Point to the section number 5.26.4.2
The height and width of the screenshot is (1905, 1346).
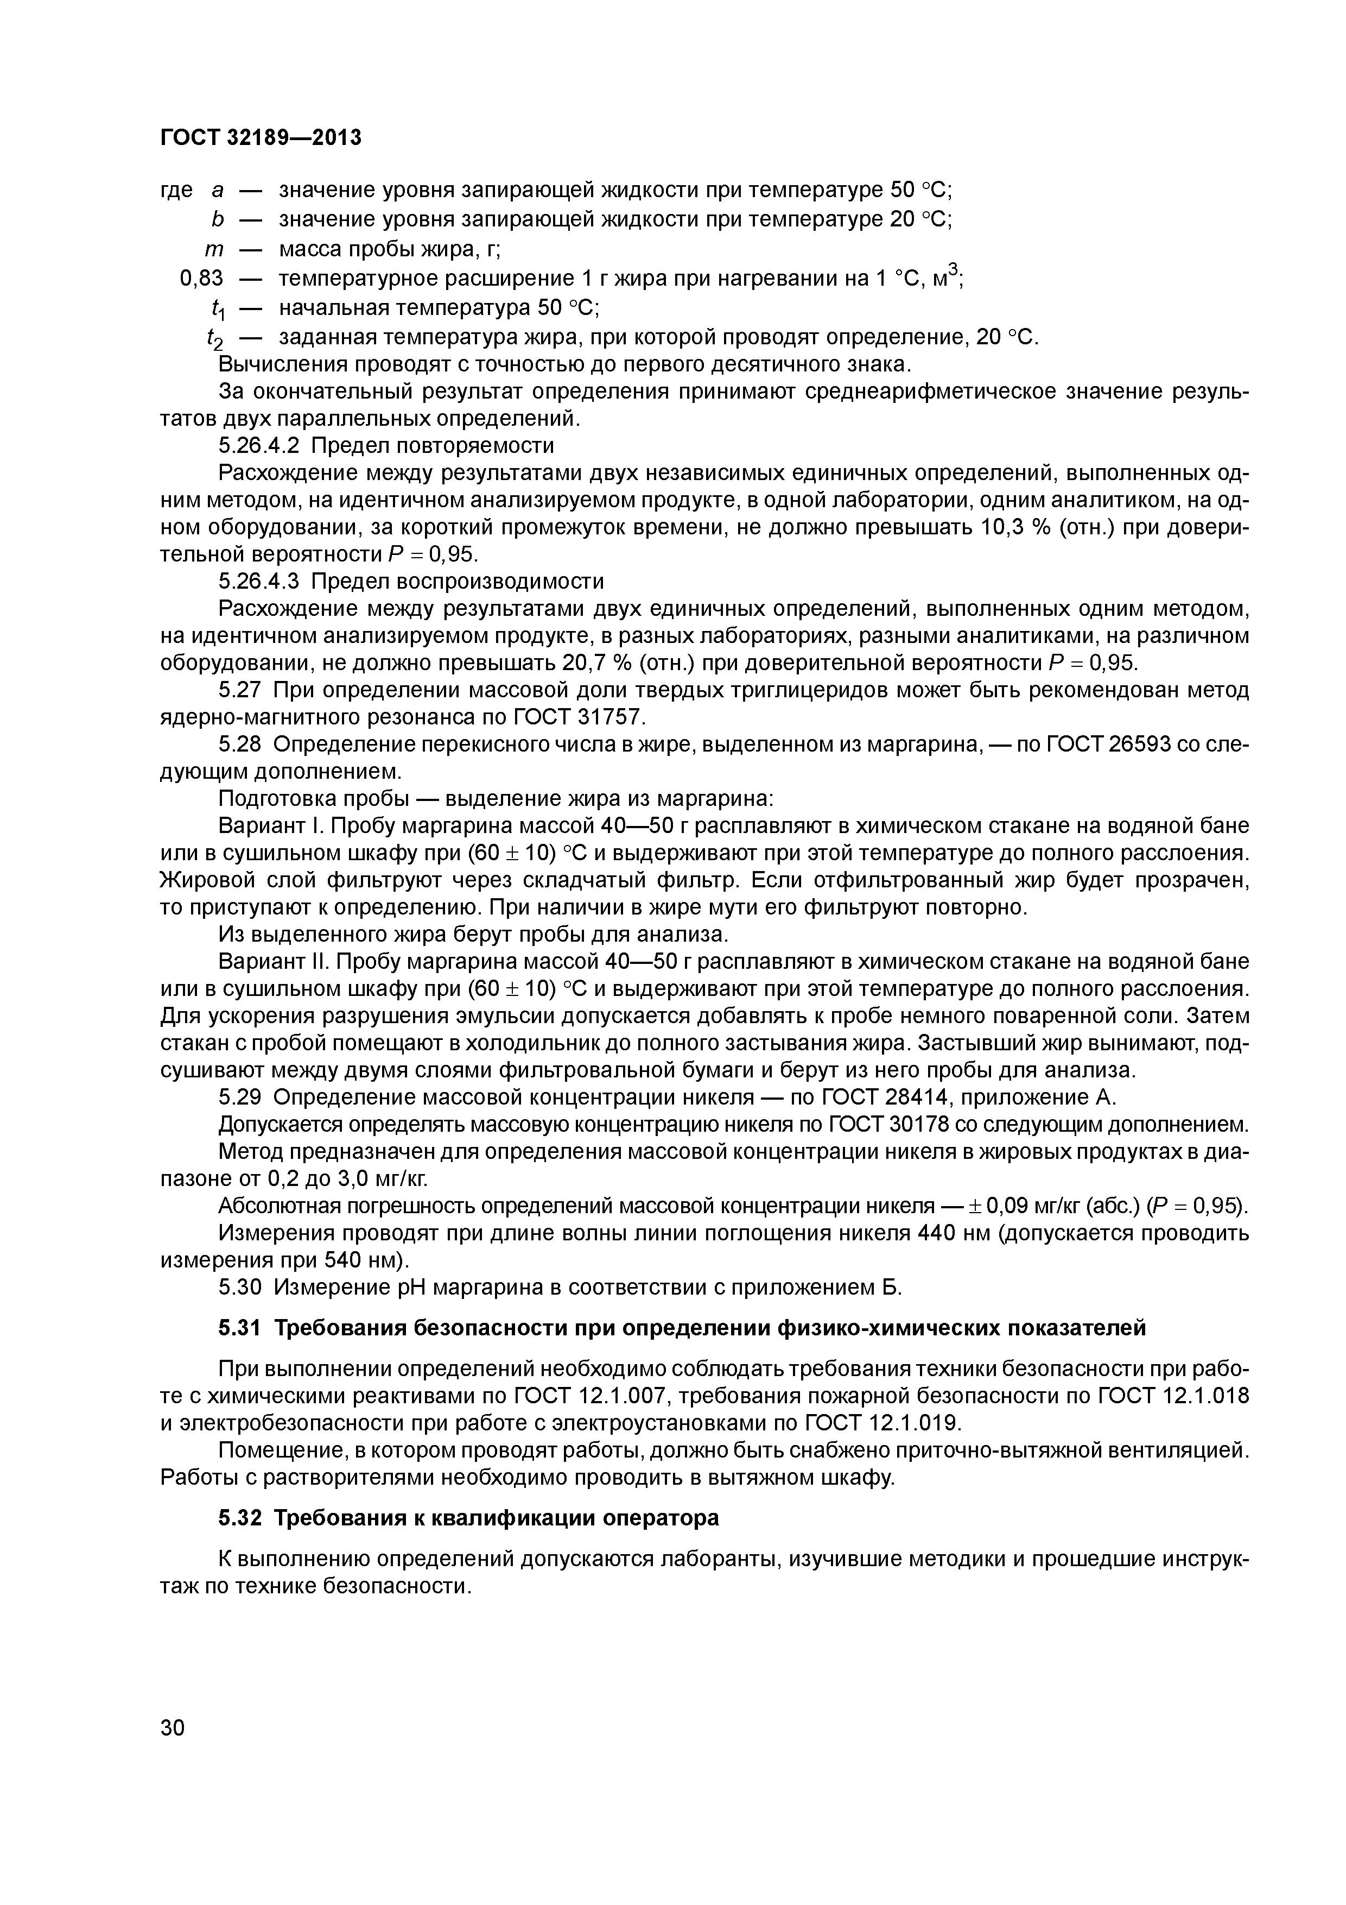pyautogui.click(x=261, y=445)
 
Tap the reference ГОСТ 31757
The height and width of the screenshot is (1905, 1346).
pyautogui.click(x=577, y=717)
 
